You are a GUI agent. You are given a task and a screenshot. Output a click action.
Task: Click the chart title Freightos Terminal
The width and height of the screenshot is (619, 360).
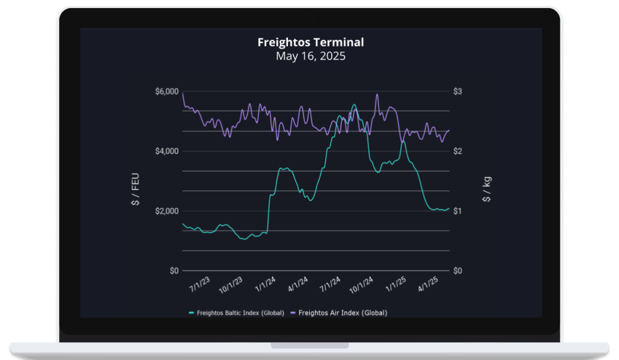tap(310, 42)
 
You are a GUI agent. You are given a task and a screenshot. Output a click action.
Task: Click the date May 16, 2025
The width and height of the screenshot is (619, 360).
tap(310, 56)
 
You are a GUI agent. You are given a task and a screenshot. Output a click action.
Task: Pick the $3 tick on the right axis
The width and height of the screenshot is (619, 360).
tap(458, 91)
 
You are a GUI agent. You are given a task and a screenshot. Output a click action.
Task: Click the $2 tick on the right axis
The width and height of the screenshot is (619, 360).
tap(458, 151)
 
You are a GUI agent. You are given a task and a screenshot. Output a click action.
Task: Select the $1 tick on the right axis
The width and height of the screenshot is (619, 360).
tap(458, 211)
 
